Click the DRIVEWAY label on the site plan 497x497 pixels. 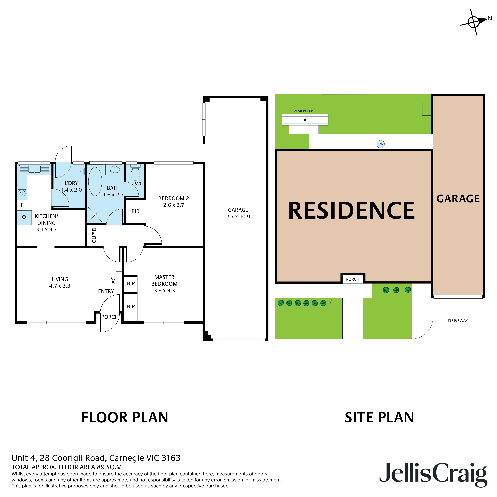tap(458, 320)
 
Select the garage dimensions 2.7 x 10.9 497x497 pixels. tap(238, 217)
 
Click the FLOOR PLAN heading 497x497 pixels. tap(125, 417)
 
